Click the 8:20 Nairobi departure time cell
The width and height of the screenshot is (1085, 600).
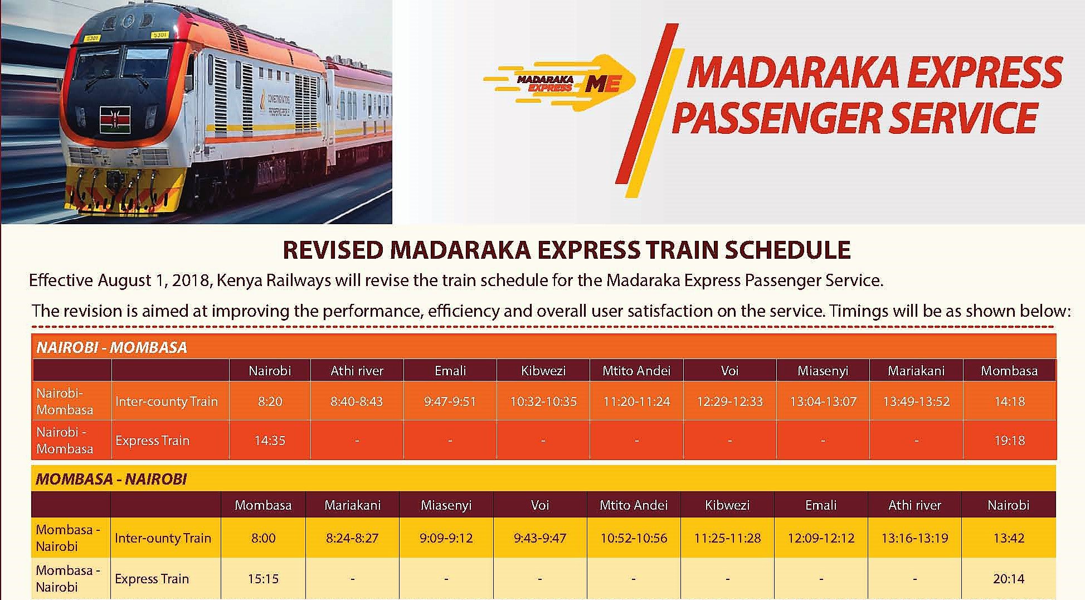[270, 401]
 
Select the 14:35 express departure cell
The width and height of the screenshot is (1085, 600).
[270, 441]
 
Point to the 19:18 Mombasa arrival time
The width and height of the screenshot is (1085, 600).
[1010, 441]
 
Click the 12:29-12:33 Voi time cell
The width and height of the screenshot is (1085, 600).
[730, 401]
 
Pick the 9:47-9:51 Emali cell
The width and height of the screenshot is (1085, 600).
[450, 401]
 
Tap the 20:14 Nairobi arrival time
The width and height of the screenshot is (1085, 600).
[1009, 579]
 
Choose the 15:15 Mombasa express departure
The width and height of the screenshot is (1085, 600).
[263, 579]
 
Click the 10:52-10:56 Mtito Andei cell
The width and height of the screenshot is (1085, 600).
[634, 538]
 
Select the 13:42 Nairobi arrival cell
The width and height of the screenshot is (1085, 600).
[1009, 538]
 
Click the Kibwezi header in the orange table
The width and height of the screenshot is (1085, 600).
[543, 371]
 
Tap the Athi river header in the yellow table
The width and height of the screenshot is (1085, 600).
[915, 505]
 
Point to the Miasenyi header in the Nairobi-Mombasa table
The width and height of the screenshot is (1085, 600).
[823, 371]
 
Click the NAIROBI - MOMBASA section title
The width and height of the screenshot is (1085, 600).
[111, 347]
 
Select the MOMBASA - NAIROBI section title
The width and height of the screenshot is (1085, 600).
[111, 479]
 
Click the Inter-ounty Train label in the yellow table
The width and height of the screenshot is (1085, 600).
[163, 538]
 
